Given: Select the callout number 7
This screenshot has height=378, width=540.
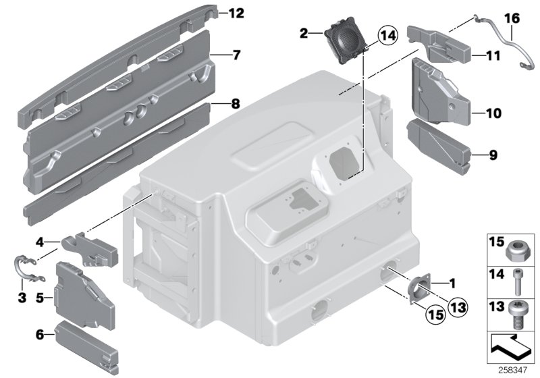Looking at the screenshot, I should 235,55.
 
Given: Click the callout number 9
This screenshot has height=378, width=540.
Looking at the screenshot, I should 493,156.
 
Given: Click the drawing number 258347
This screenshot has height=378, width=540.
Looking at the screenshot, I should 519,371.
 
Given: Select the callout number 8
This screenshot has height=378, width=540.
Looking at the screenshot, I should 235,105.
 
